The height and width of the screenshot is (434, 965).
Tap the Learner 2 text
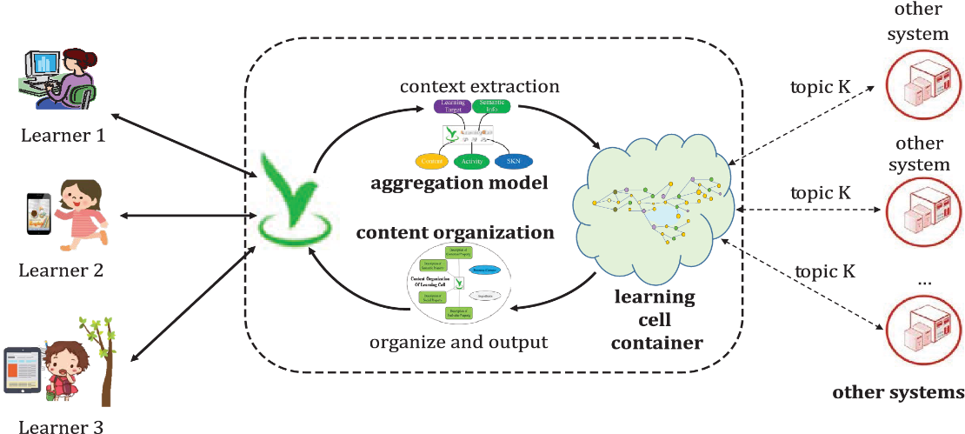[x=61, y=270]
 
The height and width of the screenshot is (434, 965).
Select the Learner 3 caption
[x=61, y=426]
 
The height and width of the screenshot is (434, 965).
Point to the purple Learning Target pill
[x=452, y=107]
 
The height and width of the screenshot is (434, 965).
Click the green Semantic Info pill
[x=491, y=107]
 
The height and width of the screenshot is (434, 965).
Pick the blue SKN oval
[x=513, y=161]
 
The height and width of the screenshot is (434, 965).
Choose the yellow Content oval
[x=430, y=161]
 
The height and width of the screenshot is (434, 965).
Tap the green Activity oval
[x=474, y=161]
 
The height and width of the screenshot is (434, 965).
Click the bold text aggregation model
[x=459, y=183]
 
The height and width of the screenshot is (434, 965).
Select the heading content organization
[x=456, y=233]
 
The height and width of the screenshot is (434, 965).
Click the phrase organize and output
[x=459, y=342]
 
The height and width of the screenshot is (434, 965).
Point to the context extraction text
[x=480, y=87]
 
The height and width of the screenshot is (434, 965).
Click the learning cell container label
[x=656, y=319]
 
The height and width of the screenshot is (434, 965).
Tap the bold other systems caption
[x=898, y=392]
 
